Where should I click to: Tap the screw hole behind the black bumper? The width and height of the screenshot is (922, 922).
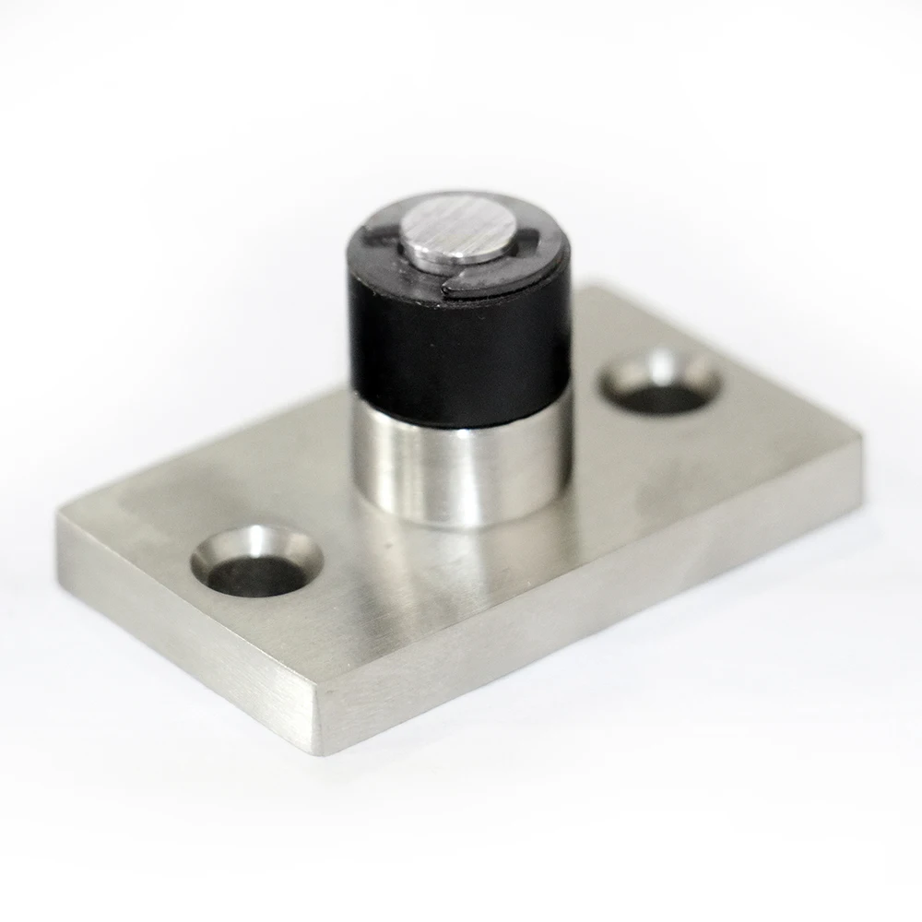click(660, 383)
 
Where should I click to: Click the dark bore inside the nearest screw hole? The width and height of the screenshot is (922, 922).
click(258, 576)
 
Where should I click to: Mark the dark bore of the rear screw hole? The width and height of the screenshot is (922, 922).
click(662, 395)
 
